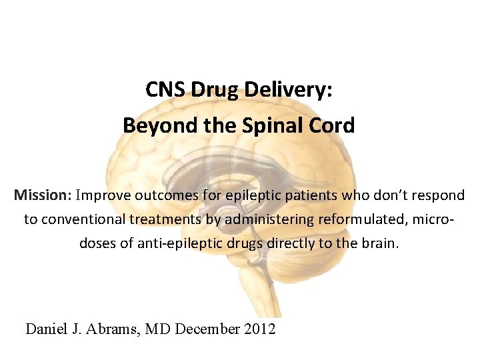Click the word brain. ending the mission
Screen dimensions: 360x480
click(380, 243)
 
